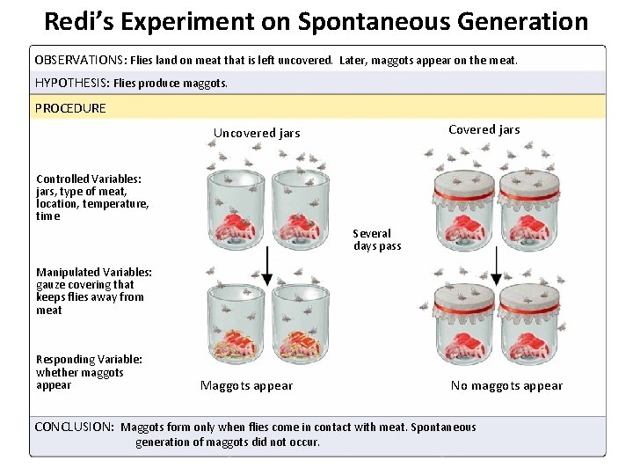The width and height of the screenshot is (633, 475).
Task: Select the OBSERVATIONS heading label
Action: tap(81, 61)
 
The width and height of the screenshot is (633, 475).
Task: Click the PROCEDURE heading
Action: tap(70, 108)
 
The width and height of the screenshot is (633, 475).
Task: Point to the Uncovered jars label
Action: tap(257, 134)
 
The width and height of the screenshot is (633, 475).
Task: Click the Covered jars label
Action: tap(484, 130)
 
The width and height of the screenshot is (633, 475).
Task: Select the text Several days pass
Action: tap(376, 240)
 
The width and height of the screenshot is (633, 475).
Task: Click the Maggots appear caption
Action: tap(246, 386)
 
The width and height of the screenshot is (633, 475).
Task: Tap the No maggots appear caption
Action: tap(506, 386)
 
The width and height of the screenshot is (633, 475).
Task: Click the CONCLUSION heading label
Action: tap(74, 427)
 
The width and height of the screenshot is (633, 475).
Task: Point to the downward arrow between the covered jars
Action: tap(497, 265)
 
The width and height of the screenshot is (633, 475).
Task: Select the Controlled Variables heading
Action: tap(89, 179)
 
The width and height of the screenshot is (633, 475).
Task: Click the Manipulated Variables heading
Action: tap(94, 273)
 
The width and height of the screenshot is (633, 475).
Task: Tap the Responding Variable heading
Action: tap(89, 359)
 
